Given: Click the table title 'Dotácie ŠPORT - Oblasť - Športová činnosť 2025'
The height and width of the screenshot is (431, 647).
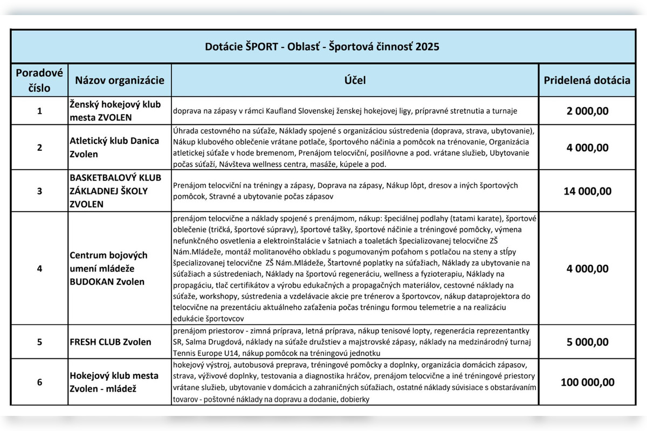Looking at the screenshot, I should pos(322,47).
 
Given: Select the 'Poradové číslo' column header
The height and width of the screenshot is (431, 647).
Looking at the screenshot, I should pos(39,80).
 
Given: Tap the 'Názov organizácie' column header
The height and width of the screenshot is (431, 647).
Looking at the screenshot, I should pos(120,80).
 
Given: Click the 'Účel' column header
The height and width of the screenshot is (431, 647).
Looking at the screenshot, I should pos(355,80).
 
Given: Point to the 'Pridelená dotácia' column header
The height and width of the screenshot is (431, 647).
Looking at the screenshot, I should pos(587,80).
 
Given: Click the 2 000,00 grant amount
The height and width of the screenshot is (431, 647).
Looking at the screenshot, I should pos(587,111).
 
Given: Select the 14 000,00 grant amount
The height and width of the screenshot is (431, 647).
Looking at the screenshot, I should pos(587,191).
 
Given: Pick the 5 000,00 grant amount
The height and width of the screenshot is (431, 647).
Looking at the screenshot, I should pos(587,342).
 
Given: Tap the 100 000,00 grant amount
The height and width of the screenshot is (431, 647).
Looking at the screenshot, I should pos(587,382).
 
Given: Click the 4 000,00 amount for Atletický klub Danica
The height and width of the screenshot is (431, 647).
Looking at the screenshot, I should pos(587,148).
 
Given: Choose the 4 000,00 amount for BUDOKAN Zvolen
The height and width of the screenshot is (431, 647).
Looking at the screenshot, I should pos(587,268).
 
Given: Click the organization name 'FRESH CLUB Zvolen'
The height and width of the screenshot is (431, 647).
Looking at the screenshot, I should pos(111,342).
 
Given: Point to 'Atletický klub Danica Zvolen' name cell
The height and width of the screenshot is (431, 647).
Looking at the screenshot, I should pos(114,147).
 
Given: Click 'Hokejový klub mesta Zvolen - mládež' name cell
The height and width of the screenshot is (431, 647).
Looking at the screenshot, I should pos(114,382).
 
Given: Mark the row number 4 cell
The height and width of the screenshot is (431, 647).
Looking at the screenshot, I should pos(39,268).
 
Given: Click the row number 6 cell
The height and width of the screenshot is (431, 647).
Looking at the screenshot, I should pos(39,382).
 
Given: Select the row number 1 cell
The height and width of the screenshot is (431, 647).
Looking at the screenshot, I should pos(39,111).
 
